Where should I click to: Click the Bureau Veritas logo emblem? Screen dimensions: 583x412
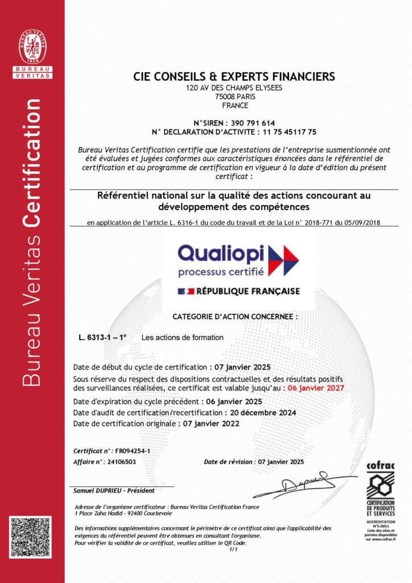coord(32,47)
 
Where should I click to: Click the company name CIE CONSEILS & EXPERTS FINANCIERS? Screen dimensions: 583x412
coord(234,76)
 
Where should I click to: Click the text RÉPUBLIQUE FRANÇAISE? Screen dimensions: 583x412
coord(248,291)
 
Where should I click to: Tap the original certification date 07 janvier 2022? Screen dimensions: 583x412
coord(209,423)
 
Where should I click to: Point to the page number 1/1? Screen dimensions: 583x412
coord(232,550)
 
